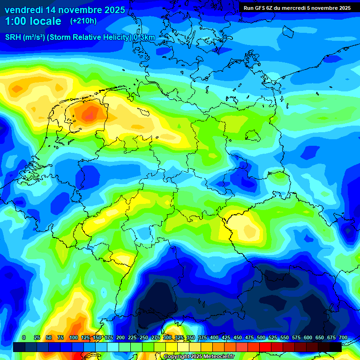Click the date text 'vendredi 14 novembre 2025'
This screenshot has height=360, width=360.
pos(65,10)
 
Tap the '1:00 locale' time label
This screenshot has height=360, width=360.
pos(33,21)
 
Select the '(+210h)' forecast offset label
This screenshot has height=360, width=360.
pos(83,21)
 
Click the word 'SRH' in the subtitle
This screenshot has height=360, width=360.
pos(13,37)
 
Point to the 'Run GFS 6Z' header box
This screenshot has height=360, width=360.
pos(297,8)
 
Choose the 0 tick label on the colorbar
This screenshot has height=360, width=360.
pos(24,337)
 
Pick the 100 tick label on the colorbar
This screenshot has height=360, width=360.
pos(74,337)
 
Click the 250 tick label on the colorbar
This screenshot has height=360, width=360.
pos(144,337)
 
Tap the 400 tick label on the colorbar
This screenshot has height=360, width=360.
pos(214,337)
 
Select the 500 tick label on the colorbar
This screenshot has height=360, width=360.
pos(261,337)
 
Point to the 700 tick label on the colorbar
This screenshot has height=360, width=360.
pos(343,337)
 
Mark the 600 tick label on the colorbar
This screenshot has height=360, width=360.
pos(308,337)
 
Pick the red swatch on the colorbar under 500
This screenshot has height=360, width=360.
pos(265,347)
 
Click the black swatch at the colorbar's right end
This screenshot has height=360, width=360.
pos(335,347)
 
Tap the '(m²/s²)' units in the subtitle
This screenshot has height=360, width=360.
pos(34,37)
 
